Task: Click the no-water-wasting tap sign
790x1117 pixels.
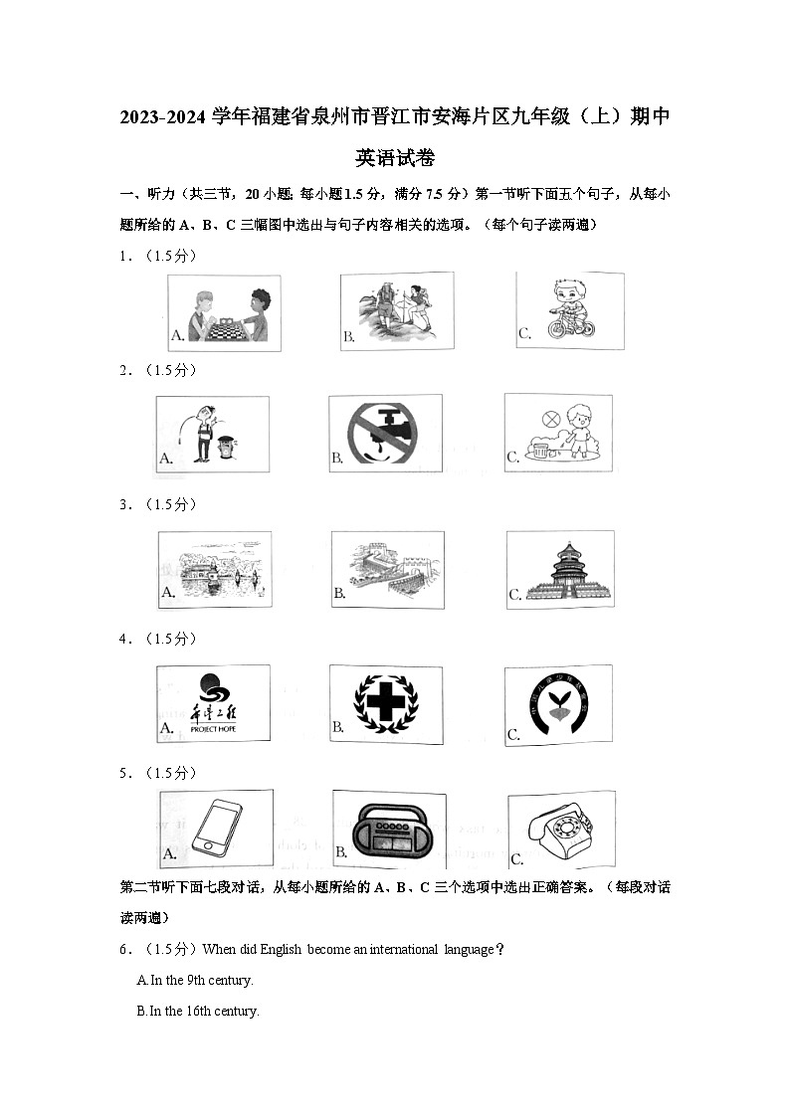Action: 382,434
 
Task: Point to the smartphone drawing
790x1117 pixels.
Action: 214,829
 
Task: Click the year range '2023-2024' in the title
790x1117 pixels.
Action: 164,118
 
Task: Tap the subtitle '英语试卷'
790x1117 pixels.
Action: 395,158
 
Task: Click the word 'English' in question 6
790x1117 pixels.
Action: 281,950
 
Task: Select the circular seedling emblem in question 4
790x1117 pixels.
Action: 558,704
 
